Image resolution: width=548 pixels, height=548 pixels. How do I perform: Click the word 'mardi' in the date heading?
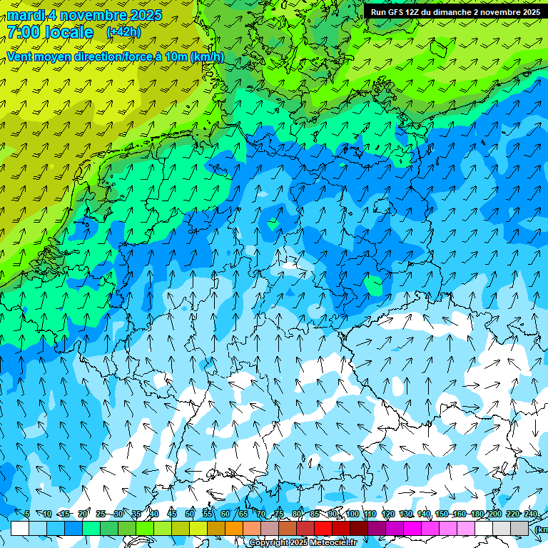click(24, 15)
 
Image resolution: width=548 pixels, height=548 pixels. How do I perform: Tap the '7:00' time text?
click(22, 32)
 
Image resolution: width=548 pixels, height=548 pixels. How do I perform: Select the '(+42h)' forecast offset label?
click(123, 32)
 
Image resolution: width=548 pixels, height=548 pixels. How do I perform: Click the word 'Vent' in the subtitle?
click(20, 56)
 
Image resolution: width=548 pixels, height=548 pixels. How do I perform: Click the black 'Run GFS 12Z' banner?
click(455, 11)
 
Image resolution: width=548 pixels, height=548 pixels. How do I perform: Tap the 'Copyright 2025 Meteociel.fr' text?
click(303, 543)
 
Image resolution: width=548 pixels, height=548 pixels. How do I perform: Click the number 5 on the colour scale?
click(26, 514)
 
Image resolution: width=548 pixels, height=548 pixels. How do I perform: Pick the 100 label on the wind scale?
click(352, 514)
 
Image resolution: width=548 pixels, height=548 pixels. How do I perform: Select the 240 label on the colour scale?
click(531, 514)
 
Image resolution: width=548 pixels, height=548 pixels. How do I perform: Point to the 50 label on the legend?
click(189, 514)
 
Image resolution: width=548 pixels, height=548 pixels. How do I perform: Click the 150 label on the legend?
click(442, 514)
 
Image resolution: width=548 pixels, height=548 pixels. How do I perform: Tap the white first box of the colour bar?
click(20, 528)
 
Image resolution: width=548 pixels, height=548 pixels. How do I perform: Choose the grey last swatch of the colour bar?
click(519, 528)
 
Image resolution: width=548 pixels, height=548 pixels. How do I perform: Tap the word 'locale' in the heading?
click(69, 32)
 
